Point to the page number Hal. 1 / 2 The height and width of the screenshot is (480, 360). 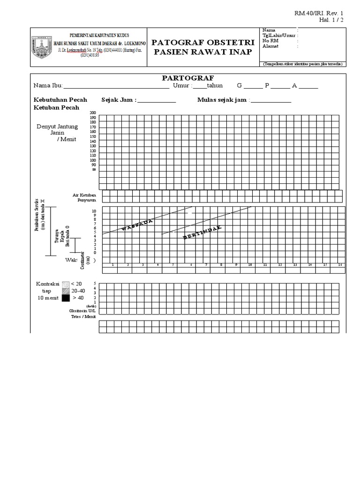(334, 20)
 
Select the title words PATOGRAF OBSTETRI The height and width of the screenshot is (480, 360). (203, 43)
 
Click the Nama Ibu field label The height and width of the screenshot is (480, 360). (48, 86)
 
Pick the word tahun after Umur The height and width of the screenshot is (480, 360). (215, 86)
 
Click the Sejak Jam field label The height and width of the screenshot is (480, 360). (119, 100)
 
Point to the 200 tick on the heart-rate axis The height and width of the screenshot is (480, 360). (92, 113)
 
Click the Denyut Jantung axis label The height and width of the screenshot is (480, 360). (57, 127)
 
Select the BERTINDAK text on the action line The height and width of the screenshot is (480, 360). (202, 233)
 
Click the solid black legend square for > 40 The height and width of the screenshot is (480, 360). (66, 297)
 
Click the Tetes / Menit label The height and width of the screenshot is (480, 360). (83, 316)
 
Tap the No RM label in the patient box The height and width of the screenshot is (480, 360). (270, 41)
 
